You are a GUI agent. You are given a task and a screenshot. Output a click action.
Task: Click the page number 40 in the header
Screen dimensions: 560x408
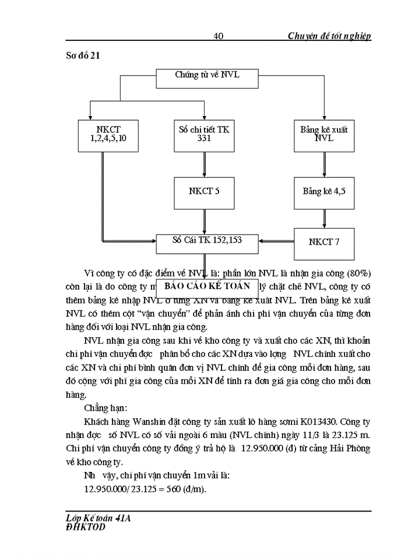click(x=219, y=36)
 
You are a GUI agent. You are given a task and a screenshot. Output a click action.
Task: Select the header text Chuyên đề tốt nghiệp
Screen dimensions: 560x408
click(x=329, y=36)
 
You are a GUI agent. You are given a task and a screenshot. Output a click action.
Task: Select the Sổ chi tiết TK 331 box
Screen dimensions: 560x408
click(x=204, y=135)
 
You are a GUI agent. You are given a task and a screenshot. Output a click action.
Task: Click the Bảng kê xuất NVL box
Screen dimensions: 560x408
click(x=324, y=135)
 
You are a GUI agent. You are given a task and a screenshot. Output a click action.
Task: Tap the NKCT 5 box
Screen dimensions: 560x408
click(x=204, y=191)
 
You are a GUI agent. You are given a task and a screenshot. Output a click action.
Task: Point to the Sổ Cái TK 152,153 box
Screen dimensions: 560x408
click(x=207, y=240)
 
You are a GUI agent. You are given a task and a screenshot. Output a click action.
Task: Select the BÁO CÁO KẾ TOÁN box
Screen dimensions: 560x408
click(x=207, y=286)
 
